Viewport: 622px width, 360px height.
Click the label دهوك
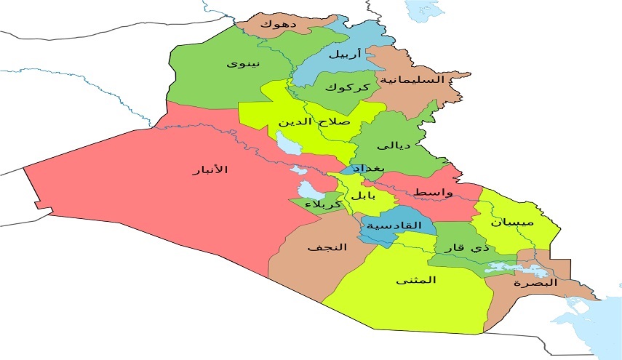tap(278, 24)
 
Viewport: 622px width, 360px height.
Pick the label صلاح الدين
tap(314, 121)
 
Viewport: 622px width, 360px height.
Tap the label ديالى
tap(397, 145)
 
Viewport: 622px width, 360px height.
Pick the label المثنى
tap(416, 280)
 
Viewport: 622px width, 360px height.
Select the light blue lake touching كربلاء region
tap(309, 191)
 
